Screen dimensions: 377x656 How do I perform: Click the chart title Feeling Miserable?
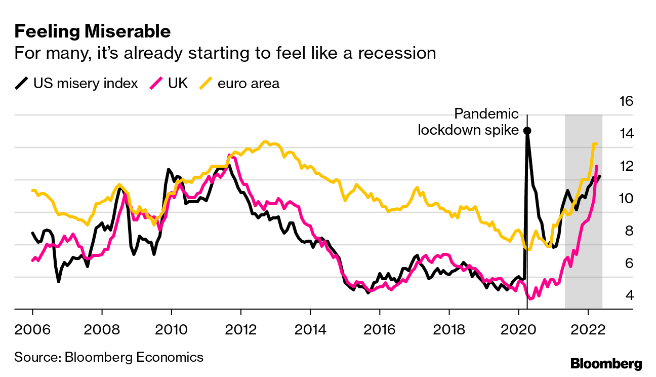92,32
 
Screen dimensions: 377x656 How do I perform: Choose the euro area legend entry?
240,84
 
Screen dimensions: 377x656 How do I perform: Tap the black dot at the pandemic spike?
527,131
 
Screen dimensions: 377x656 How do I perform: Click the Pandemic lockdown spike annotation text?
468,122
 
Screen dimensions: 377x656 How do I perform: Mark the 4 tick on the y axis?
623,295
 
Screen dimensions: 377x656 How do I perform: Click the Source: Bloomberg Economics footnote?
109,357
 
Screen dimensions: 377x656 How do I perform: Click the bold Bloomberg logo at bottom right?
606,363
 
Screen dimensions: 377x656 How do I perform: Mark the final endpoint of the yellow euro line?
597,144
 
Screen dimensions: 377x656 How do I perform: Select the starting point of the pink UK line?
32,260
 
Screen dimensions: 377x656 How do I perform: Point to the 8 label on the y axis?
623,231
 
